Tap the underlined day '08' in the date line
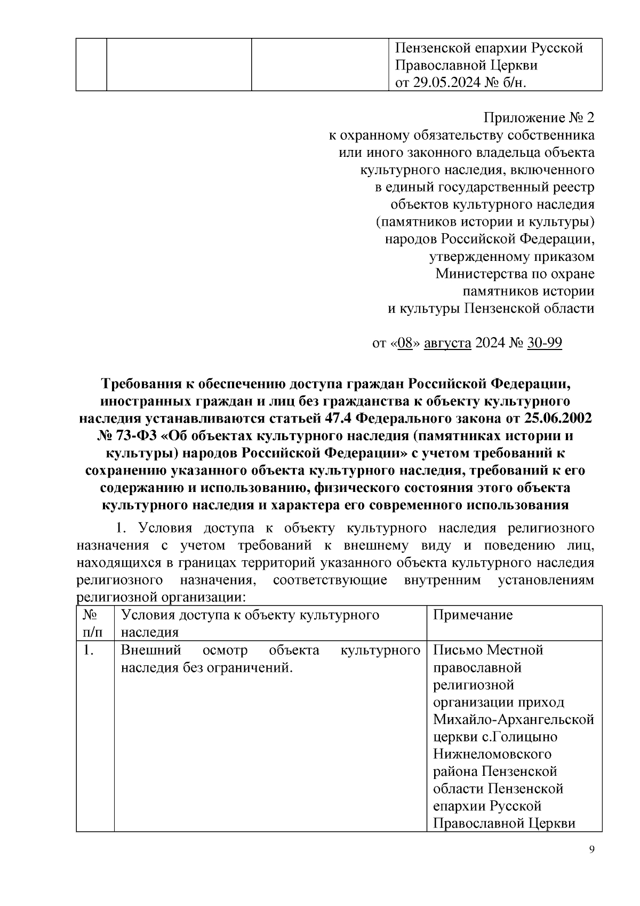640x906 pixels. pyautogui.click(x=405, y=343)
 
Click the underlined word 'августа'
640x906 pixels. pyautogui.click(x=447, y=343)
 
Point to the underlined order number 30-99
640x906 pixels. pyautogui.click(x=544, y=343)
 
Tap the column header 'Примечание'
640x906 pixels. pyautogui.click(x=473, y=615)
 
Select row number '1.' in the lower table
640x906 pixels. pyautogui.click(x=89, y=650)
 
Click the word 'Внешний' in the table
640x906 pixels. pyautogui.click(x=151, y=650)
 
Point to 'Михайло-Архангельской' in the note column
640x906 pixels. pyautogui.click(x=513, y=720)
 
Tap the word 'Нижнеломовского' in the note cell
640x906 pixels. pyautogui.click(x=492, y=754)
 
